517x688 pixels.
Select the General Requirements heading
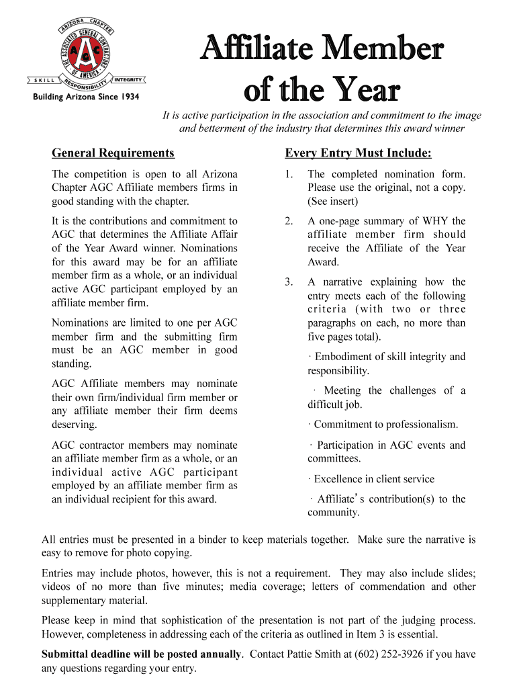[x=113, y=153]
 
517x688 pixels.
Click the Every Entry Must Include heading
[x=358, y=153]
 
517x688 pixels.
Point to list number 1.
[x=289, y=174]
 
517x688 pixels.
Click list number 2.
[x=289, y=221]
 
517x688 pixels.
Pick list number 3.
[x=289, y=282]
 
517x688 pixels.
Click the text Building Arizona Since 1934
[x=87, y=97]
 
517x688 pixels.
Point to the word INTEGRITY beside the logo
[x=128, y=79]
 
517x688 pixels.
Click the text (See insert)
[x=333, y=201]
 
